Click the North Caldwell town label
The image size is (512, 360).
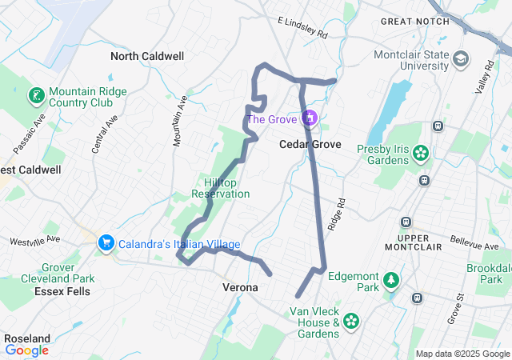[147, 56]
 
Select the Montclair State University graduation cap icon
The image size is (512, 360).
[462, 59]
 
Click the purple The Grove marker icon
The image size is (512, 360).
[310, 119]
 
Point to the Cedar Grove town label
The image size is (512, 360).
[310, 145]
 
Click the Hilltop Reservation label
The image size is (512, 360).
[221, 188]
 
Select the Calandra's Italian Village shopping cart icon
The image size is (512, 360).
[105, 242]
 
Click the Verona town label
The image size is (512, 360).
[239, 286]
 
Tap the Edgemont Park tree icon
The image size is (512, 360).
[391, 280]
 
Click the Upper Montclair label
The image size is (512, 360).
[420, 246]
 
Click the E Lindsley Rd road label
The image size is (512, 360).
[302, 28]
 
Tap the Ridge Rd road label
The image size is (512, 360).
[341, 214]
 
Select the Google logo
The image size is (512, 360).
[26, 350]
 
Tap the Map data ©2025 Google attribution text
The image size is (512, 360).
[462, 354]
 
